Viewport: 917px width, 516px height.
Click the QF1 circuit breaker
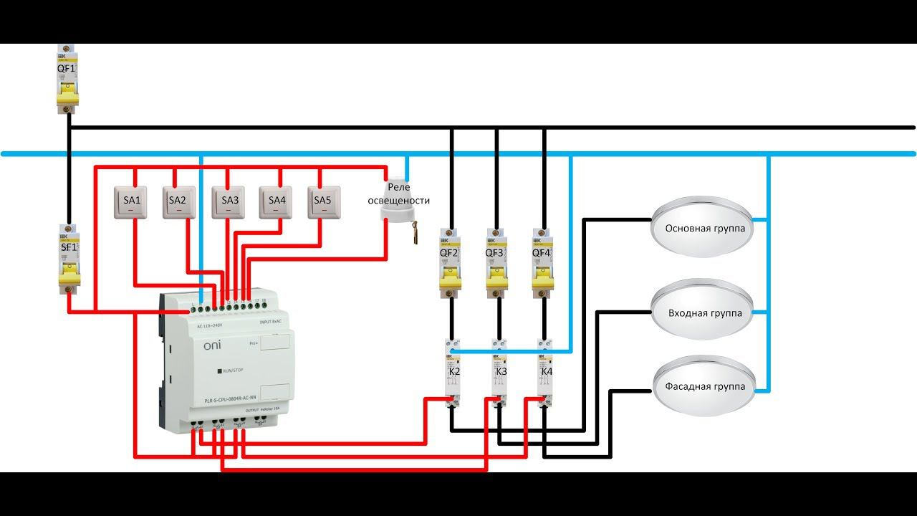tap(67, 79)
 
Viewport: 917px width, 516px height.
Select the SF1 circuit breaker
tap(69, 259)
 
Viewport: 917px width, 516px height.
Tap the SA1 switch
tap(133, 201)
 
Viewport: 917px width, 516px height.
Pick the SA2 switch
tap(178, 201)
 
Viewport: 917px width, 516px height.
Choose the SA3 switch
tap(229, 201)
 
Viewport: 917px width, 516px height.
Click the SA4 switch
tap(277, 201)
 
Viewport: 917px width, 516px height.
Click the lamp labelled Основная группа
tap(704, 229)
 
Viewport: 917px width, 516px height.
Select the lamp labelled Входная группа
tap(704, 312)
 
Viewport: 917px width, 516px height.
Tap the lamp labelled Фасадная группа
tap(704, 387)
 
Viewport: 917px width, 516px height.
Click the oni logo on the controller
tap(213, 346)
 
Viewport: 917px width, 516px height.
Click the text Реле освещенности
tap(398, 194)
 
